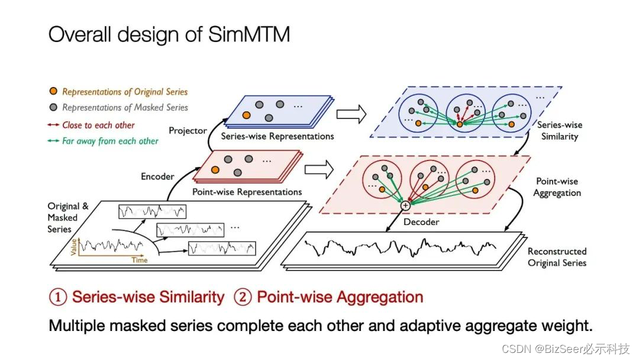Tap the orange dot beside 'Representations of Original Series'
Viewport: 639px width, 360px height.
point(54,92)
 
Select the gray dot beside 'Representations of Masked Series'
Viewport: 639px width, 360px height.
point(54,108)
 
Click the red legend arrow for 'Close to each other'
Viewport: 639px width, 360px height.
point(54,125)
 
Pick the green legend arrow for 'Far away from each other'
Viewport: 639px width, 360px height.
point(54,141)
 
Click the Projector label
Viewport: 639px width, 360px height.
point(188,130)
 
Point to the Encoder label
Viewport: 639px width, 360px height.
point(157,176)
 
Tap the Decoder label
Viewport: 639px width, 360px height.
point(421,222)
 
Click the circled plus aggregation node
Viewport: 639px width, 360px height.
point(405,205)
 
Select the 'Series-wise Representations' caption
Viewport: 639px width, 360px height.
point(277,136)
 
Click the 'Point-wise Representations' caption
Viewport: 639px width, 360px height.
point(247,192)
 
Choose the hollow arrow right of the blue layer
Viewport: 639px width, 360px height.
point(351,114)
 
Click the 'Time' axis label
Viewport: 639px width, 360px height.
point(140,260)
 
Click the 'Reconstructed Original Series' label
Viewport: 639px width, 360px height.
point(557,257)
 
